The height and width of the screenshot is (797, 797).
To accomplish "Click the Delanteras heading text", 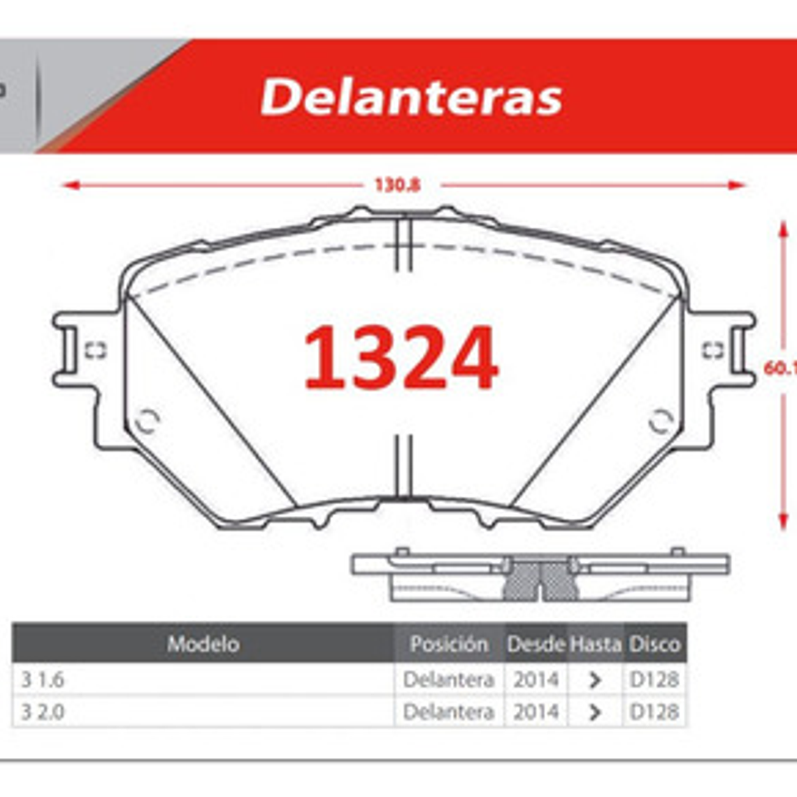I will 411,96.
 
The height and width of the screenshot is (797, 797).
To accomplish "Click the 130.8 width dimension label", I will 397,185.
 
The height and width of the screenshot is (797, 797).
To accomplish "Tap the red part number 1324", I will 401,358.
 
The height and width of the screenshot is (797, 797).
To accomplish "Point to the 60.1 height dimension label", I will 779,368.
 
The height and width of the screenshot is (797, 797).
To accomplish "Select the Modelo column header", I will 203,644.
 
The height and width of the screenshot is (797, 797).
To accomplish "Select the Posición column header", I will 449,644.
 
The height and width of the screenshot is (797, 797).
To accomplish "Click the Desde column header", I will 536,644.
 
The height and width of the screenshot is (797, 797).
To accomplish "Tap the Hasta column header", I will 595,644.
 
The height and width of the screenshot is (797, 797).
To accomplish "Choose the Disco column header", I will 654,644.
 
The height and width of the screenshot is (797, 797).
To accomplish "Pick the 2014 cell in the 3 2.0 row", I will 536,712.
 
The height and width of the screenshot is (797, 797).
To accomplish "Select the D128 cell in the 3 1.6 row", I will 654,680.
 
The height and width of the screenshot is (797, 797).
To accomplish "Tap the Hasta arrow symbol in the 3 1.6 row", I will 595,680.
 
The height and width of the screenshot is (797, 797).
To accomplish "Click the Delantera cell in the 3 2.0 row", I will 449,712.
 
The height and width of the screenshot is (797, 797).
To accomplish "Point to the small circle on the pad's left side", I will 148,421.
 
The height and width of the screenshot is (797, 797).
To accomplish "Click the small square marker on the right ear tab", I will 712,350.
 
